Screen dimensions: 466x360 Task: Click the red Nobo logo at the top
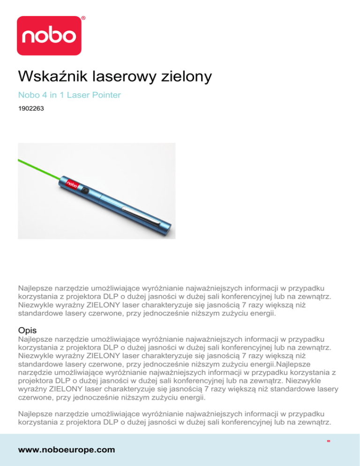click(49, 35)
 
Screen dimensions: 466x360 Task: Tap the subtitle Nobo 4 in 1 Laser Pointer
click(69, 95)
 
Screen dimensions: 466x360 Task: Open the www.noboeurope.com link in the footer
click(66, 449)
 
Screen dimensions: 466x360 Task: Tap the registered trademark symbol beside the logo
click(83, 18)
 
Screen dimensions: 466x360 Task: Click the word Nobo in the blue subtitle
click(27, 95)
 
